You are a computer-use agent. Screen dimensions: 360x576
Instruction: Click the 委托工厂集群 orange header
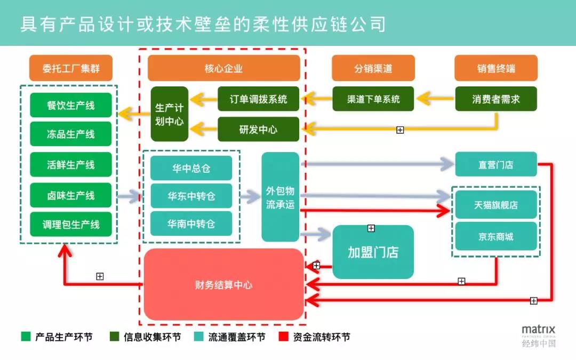pos(71,68)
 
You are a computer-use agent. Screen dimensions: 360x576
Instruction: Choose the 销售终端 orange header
pos(496,68)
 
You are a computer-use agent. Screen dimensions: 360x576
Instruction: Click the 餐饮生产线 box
pos(71,105)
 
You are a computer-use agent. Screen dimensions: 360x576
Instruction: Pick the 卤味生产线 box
pos(71,196)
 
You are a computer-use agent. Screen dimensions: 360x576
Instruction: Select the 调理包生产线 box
pos(71,224)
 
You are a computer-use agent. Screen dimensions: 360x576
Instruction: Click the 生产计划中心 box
pos(170,114)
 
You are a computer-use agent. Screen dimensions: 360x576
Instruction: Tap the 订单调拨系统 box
pos(258,99)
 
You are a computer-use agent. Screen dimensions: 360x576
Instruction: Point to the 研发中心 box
pos(258,129)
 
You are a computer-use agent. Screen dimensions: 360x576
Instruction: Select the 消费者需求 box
pos(496,99)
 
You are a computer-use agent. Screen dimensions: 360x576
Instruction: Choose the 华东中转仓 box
pos(191,196)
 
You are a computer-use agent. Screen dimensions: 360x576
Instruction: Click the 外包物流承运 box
pos(280,197)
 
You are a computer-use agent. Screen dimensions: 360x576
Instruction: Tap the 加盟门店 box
pos(373,252)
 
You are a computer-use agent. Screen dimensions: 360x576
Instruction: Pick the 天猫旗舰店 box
pos(496,205)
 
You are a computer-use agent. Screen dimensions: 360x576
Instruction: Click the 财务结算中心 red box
pos(223,285)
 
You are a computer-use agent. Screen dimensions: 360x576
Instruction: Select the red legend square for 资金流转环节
pos(284,337)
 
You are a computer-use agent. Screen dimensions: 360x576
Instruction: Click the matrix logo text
pos(538,329)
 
